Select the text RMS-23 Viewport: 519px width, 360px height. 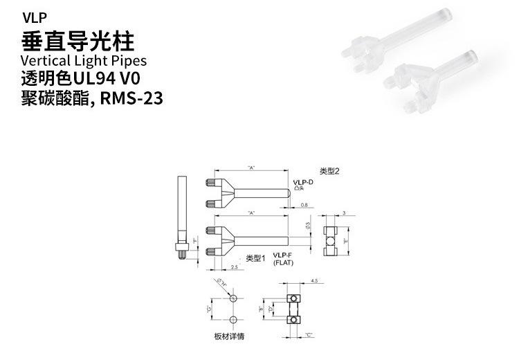click(x=131, y=98)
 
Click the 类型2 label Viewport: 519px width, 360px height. click(x=329, y=171)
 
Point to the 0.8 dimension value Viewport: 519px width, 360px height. click(x=304, y=205)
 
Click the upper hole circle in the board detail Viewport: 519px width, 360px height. click(x=234, y=298)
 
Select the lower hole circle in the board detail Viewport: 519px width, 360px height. click(x=234, y=319)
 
